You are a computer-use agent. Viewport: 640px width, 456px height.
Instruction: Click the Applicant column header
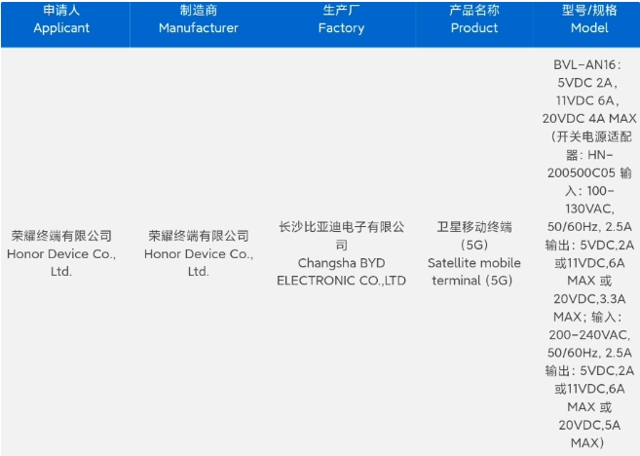click(61, 27)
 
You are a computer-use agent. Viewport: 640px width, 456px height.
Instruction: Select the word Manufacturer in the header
click(199, 27)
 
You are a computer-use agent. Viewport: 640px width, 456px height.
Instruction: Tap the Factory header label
click(341, 28)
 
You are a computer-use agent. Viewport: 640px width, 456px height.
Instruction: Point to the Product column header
click(474, 27)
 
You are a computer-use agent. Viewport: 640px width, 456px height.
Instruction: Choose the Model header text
click(589, 27)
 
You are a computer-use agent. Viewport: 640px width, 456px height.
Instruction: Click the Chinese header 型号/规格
click(589, 10)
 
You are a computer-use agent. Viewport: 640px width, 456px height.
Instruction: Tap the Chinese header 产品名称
click(474, 10)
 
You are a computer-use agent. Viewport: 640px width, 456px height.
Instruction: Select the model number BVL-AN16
click(584, 64)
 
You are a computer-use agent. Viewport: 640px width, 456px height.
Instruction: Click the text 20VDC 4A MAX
click(589, 119)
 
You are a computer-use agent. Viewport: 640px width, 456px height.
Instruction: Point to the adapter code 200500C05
click(582, 172)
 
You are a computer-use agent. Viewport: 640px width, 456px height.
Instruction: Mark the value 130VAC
click(589, 209)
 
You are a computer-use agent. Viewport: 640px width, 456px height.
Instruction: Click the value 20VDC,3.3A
click(589, 299)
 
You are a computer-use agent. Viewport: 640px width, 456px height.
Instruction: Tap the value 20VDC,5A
click(589, 425)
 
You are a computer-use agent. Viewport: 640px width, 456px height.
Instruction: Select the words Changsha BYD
click(341, 263)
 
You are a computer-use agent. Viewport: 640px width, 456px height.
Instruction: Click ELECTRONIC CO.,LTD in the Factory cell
click(341, 281)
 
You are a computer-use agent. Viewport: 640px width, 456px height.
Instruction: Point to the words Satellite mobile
click(474, 262)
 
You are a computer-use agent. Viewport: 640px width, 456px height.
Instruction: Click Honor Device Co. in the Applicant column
click(61, 254)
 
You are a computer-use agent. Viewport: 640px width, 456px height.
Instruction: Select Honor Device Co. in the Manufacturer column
click(199, 254)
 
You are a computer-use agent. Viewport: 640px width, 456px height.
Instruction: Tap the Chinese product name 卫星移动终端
click(474, 227)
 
